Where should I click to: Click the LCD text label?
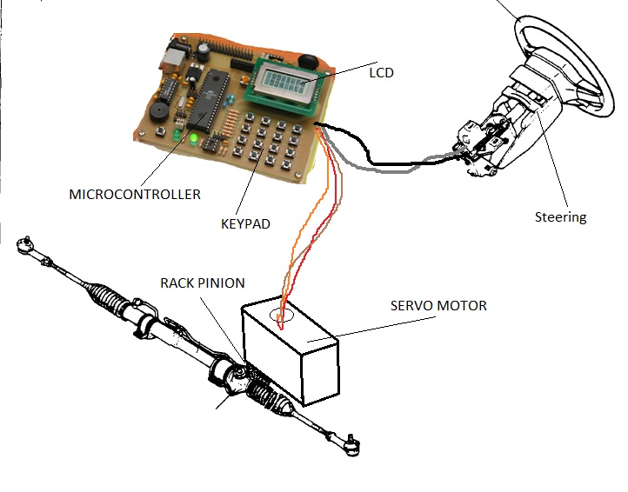coord(381,73)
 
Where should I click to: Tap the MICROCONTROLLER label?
coord(135,195)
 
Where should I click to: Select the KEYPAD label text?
coord(245,223)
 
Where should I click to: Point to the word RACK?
coord(177,283)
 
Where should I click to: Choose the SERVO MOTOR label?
coord(439,306)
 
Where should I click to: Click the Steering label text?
coord(560,217)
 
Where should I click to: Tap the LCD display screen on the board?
coord(282,85)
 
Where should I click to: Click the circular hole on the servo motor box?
coord(280,316)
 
